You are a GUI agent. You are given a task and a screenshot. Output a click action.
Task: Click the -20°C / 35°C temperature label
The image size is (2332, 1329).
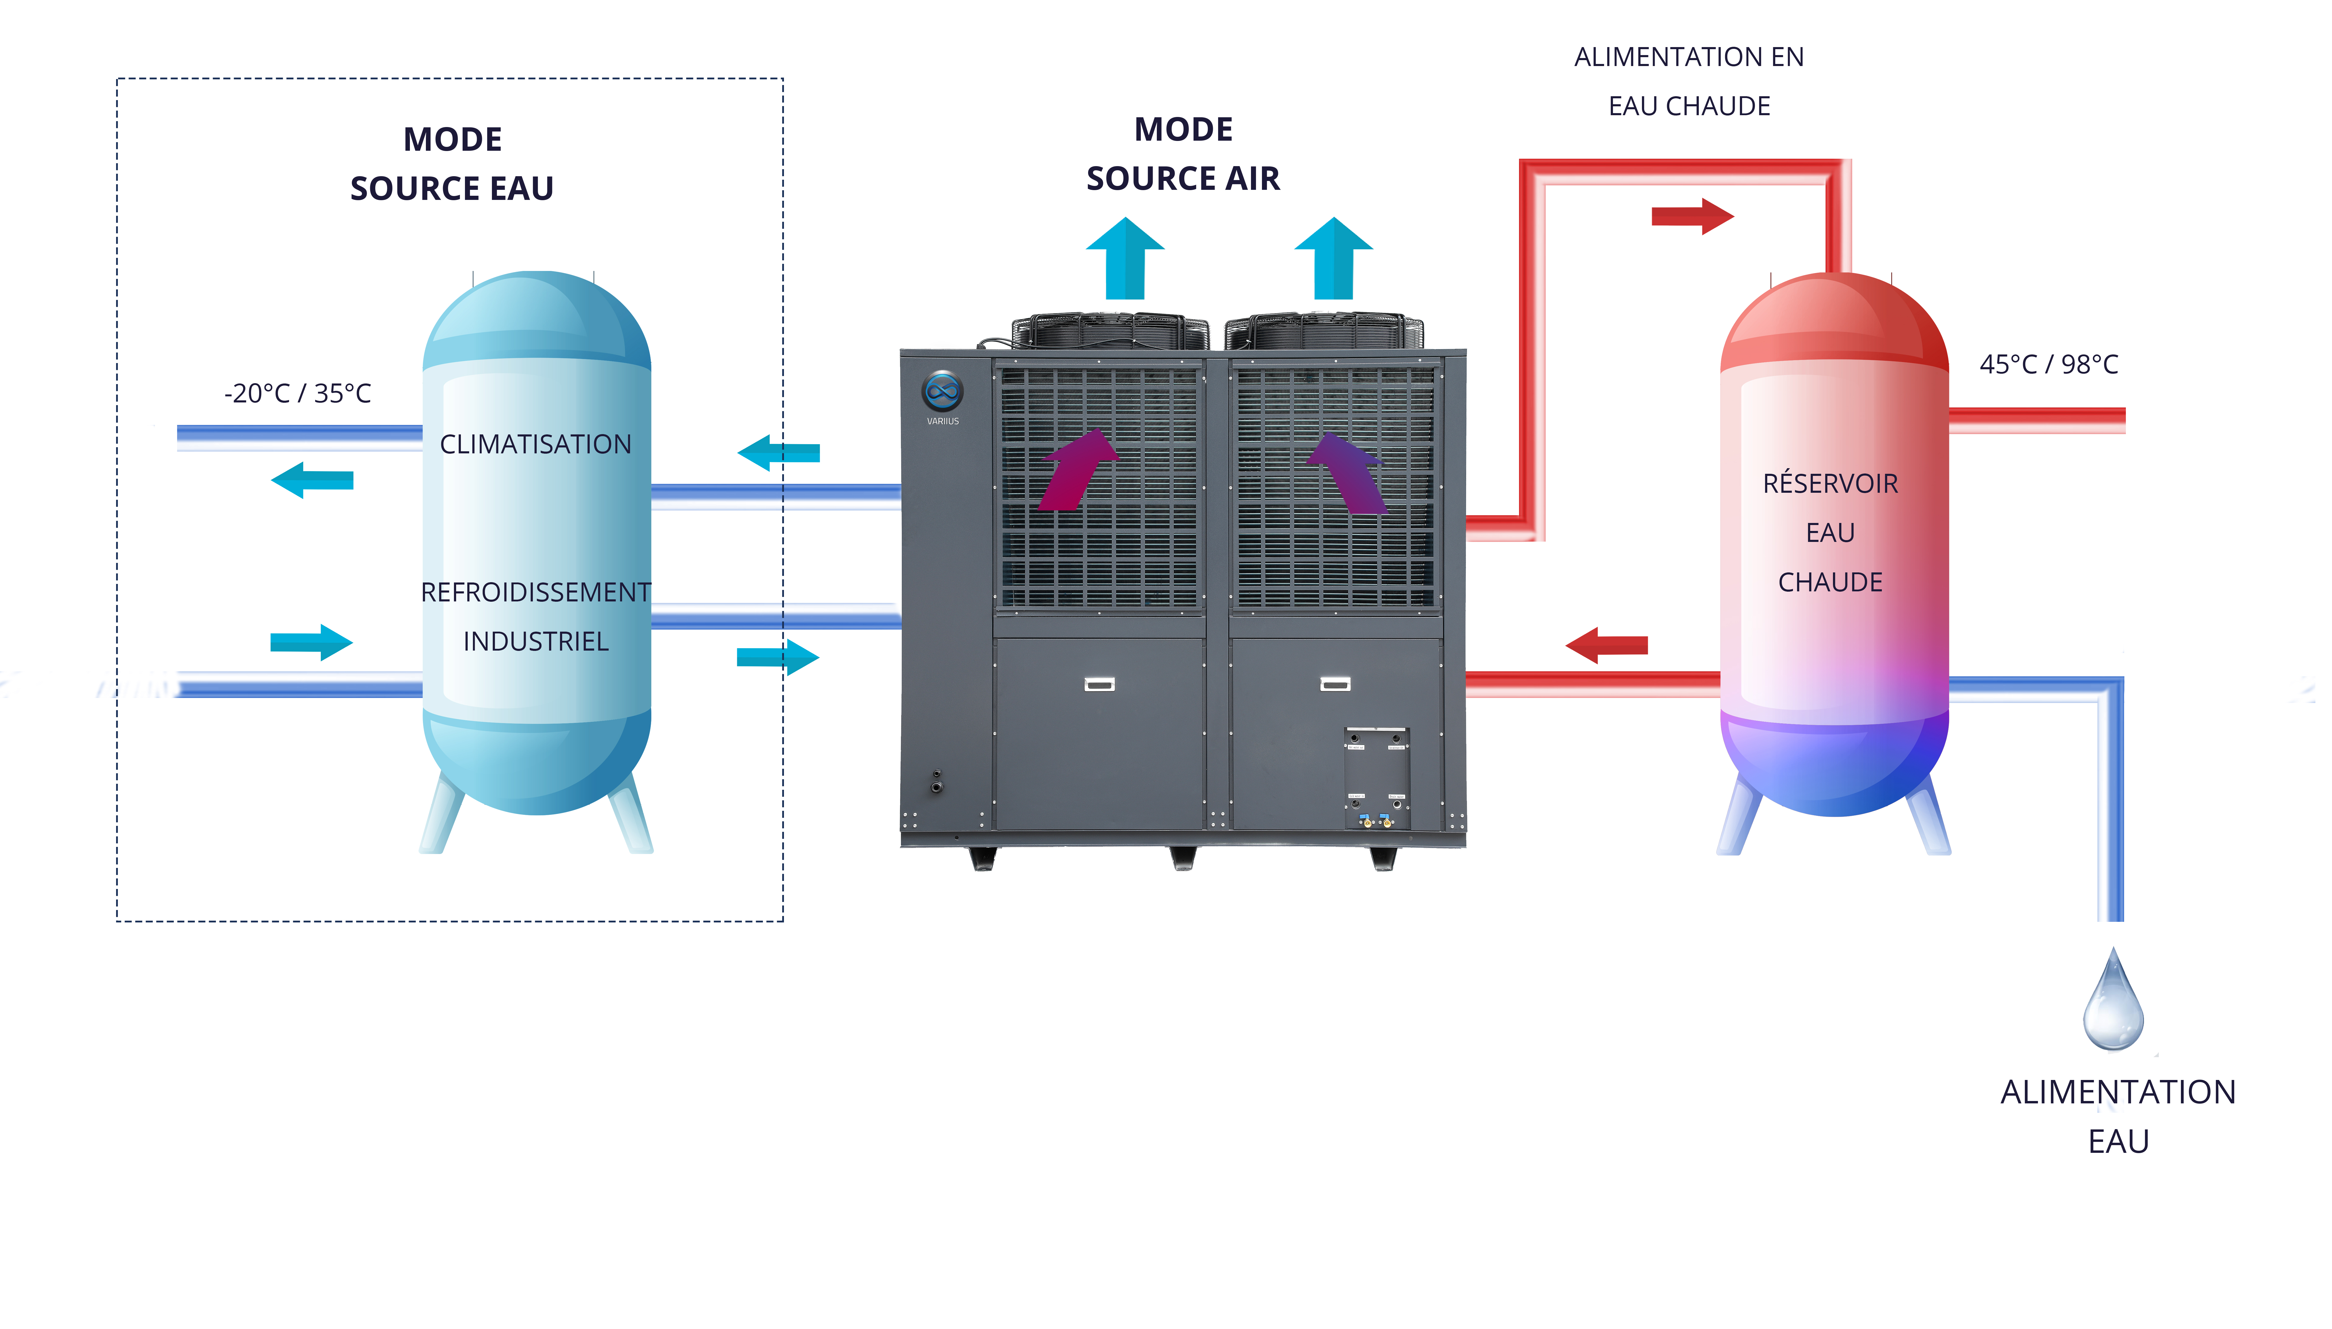[x=298, y=394]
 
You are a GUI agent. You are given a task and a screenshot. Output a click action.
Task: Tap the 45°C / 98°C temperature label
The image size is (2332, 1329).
[x=2048, y=364]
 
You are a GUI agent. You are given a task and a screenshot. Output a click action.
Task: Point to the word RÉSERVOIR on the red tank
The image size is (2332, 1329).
[x=1830, y=484]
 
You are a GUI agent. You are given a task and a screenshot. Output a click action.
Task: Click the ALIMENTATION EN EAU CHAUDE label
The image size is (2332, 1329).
[x=1688, y=81]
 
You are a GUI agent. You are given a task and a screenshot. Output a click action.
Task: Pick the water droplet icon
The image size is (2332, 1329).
[x=2113, y=1001]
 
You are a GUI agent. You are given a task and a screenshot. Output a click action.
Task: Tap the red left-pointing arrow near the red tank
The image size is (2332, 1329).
[x=1606, y=645]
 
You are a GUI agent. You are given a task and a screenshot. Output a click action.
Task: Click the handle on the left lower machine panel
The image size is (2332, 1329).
[x=1099, y=684]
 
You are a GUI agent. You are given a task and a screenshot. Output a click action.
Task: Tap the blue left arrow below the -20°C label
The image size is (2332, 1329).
[x=312, y=480]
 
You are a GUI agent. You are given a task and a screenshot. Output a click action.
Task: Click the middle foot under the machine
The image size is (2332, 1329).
[x=1183, y=858]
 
